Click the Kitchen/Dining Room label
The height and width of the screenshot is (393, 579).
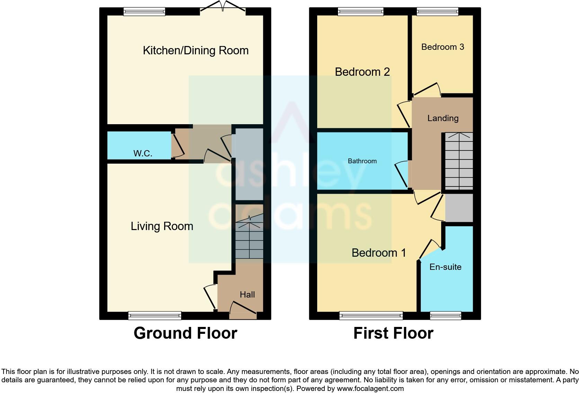tap(196, 51)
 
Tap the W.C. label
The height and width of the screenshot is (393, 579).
tap(143, 153)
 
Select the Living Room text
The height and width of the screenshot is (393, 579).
tap(162, 226)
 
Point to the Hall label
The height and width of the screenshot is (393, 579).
tap(247, 294)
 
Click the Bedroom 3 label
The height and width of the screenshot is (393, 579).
tap(443, 47)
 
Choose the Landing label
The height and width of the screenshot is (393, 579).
tap(443, 118)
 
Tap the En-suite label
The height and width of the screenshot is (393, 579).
tap(445, 267)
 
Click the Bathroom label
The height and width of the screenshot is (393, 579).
tap(362, 161)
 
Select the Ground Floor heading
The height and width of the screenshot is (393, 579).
tap(185, 333)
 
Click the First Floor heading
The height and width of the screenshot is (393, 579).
tap(393, 333)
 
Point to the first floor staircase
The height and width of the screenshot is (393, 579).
tap(459, 161)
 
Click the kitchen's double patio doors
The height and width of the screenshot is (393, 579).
tap(223, 8)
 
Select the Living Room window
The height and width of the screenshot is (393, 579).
tap(154, 315)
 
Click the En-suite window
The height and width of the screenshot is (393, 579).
tap(445, 315)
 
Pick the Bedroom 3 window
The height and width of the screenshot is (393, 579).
tap(438, 11)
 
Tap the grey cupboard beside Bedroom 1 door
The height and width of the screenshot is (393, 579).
tap(459, 208)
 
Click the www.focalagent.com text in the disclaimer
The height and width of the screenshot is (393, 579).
tap(370, 389)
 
